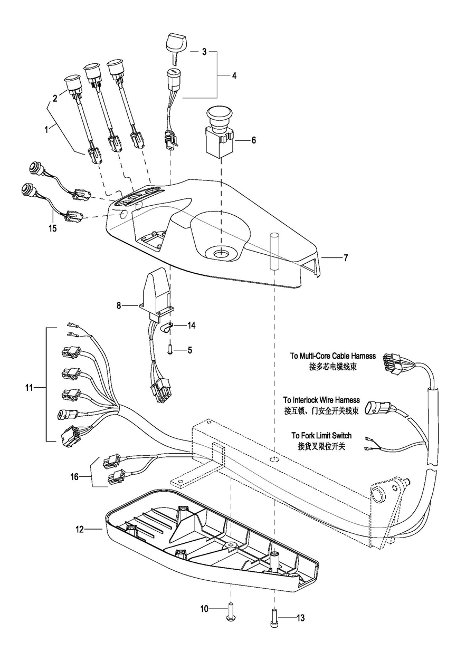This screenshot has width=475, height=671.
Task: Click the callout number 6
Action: click(253, 140)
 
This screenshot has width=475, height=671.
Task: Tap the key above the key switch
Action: click(176, 47)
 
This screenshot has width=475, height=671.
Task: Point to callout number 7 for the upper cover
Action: click(346, 257)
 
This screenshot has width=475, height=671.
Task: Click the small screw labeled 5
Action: click(170, 350)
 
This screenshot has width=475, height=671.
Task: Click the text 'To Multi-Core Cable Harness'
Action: click(332, 356)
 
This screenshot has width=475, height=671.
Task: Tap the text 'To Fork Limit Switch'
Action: click(321, 435)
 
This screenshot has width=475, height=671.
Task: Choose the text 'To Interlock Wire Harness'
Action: click(321, 400)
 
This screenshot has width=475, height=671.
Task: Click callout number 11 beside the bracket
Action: click(29, 388)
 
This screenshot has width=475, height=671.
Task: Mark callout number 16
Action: click(74, 476)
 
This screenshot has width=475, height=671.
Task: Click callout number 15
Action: click(52, 228)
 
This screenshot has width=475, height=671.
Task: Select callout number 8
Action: click(119, 305)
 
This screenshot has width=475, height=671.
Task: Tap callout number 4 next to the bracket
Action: click(234, 76)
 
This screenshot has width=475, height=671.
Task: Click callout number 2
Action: click(55, 98)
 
